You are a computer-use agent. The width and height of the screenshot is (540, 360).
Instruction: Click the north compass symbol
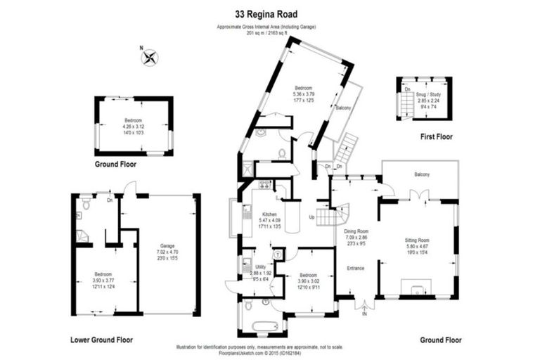point(149,58)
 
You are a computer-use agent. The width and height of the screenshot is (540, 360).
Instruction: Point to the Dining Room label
point(356,231)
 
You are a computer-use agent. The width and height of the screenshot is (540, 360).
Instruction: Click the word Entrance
point(356,268)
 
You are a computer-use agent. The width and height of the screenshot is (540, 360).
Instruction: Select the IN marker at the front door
point(364,314)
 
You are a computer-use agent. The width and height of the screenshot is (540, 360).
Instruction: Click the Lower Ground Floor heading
point(101,340)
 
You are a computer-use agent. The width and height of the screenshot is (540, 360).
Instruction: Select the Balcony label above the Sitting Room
point(422,174)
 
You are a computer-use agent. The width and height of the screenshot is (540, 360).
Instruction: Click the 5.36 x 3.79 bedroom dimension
point(303,94)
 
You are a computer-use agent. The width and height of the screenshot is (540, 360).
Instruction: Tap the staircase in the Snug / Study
point(407,104)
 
